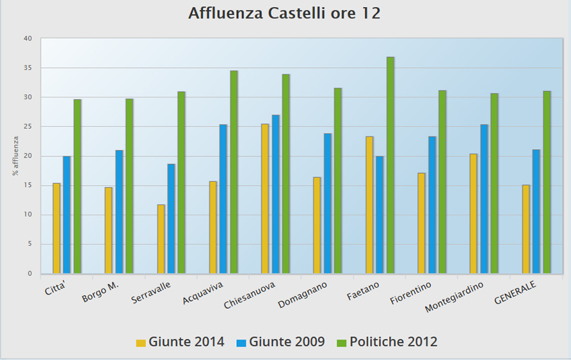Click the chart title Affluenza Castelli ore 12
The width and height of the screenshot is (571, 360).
coord(284,13)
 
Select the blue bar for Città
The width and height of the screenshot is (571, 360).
coord(67,215)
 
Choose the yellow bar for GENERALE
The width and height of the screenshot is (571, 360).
coord(526,229)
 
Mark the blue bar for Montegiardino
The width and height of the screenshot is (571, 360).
coord(484,199)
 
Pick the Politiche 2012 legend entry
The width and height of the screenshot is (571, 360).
coord(387,342)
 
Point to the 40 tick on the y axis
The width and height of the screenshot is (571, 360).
coord(28,38)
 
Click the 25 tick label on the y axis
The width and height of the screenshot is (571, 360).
coord(28,127)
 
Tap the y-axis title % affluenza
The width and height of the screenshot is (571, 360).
coord(15,156)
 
